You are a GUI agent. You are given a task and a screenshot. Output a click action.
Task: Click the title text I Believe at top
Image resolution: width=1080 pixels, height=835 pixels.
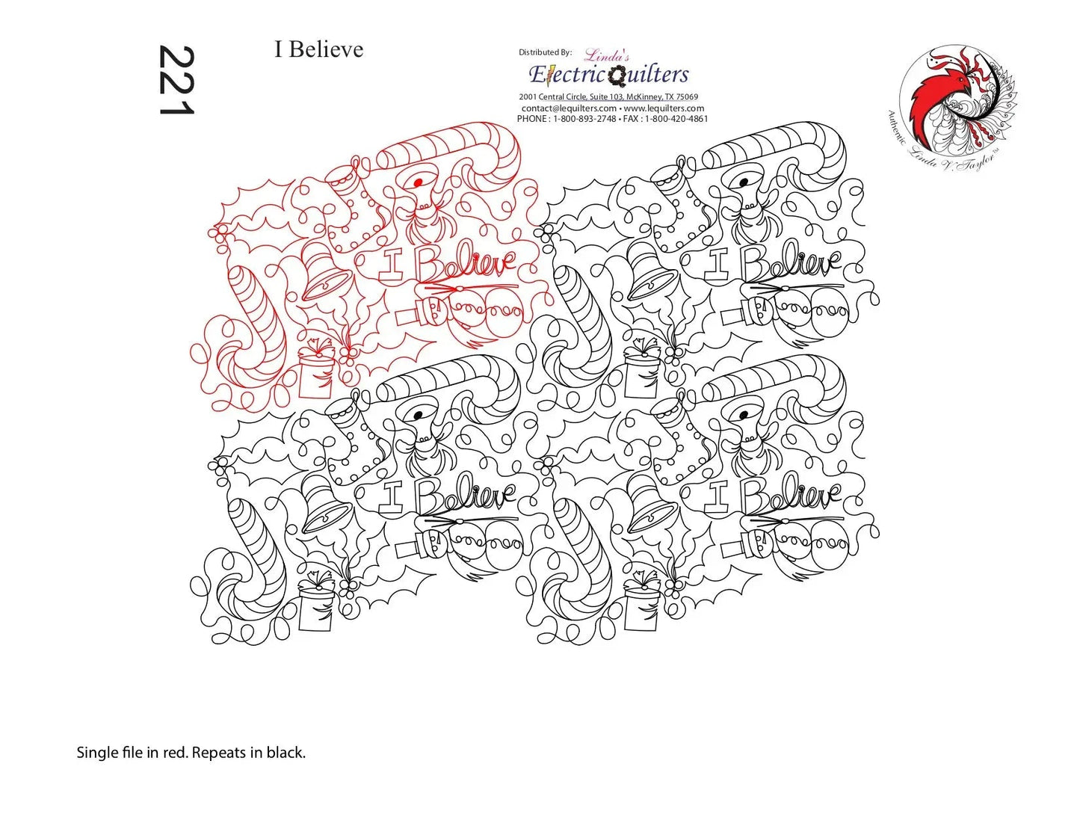(318, 49)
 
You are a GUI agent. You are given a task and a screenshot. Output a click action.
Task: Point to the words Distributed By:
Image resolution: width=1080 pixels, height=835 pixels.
(545, 52)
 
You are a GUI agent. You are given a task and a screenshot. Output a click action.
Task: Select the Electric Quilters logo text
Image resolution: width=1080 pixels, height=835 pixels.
(608, 74)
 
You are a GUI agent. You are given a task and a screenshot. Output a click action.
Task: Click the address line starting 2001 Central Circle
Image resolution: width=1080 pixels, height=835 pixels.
(608, 97)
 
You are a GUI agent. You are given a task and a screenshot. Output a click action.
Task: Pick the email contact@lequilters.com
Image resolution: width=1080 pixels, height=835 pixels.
(568, 108)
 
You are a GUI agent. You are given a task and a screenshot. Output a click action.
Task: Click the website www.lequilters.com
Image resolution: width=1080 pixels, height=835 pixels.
(664, 108)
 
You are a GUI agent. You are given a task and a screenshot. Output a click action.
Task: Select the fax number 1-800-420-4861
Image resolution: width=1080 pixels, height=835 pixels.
(676, 119)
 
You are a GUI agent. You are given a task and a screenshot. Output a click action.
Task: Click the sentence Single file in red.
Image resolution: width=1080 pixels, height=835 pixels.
(132, 753)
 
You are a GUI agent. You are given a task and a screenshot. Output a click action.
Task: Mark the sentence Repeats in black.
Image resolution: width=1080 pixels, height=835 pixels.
(249, 753)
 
